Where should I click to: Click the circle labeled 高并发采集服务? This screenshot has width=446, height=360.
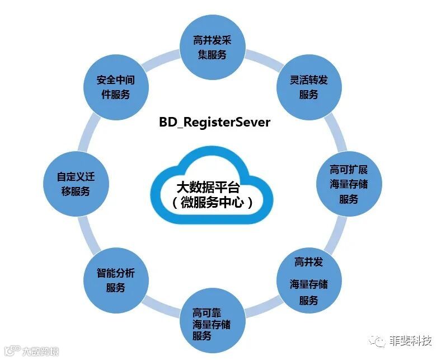point(212,47)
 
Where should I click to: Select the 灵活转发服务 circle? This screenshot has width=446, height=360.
point(308,87)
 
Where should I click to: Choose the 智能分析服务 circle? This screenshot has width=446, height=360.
point(115,280)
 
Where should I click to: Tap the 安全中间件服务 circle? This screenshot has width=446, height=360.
point(115,87)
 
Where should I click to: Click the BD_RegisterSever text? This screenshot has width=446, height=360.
point(214,122)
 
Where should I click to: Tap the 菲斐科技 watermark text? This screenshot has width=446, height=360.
point(411,340)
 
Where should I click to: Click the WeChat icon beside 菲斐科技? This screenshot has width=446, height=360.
point(381,340)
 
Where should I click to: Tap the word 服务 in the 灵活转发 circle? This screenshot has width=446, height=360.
point(308,95)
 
